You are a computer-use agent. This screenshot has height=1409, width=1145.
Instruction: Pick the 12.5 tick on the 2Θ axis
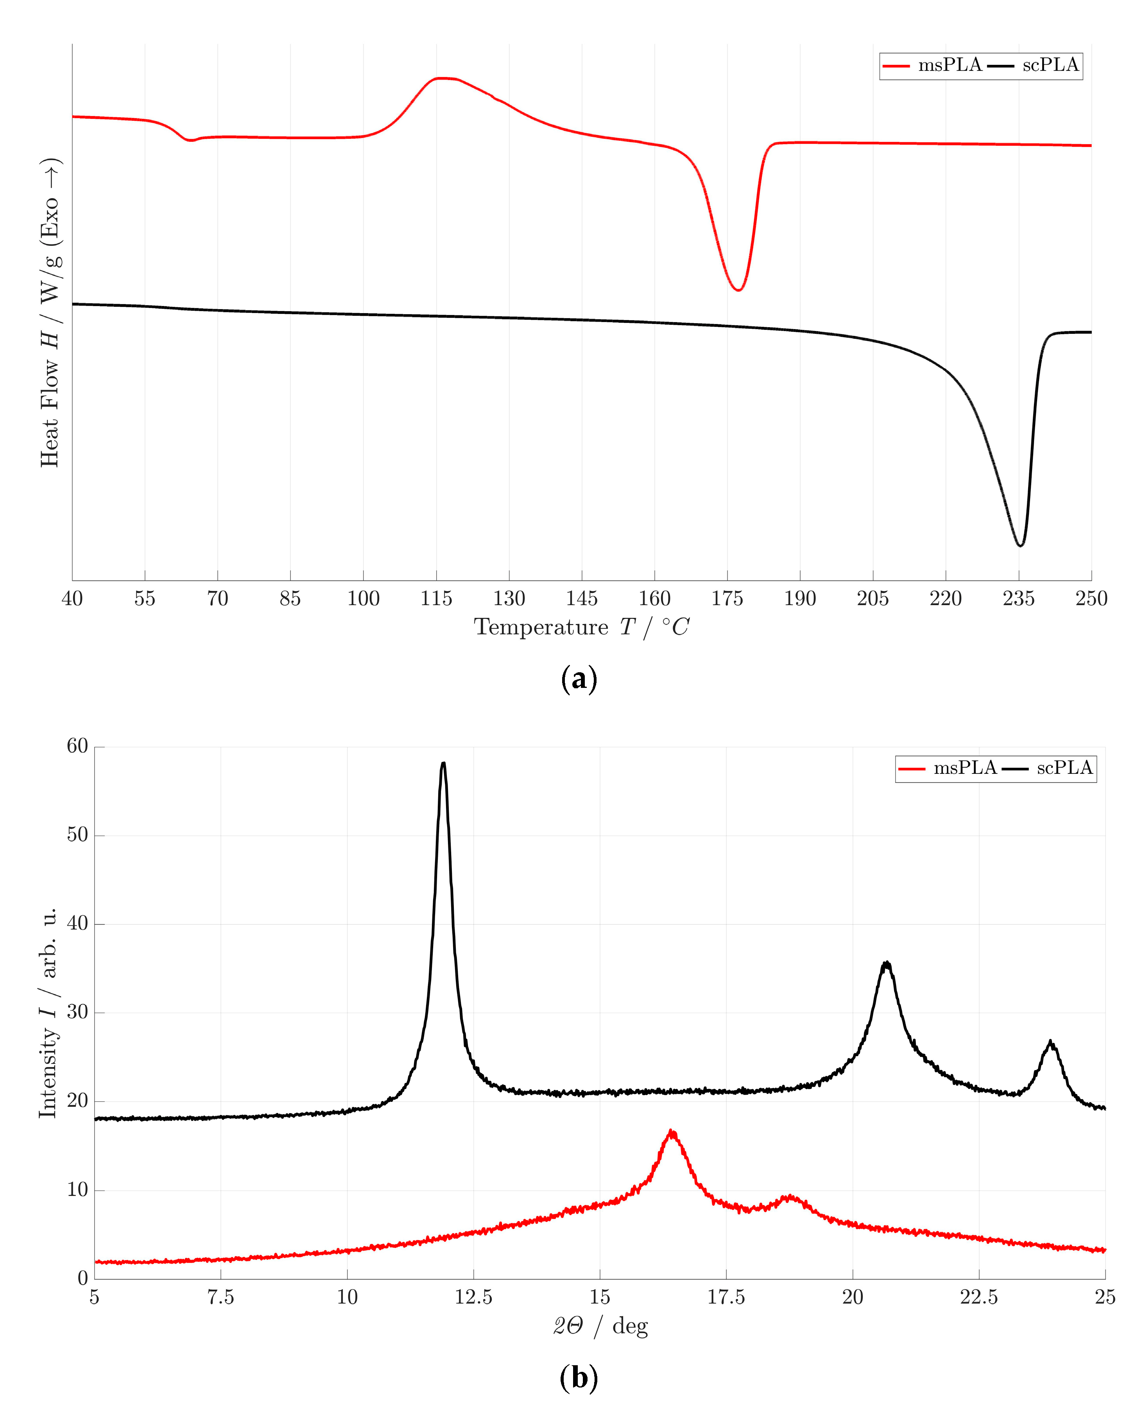point(473,1298)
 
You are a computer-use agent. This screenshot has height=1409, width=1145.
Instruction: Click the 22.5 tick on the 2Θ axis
point(979,1298)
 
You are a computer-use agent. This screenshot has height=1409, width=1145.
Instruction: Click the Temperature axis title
point(581,627)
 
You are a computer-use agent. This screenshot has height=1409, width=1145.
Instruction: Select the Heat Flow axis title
point(50,313)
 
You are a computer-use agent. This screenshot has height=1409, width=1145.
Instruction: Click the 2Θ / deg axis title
point(600,1326)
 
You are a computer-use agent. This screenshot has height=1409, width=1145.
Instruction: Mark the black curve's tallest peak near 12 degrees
point(443,763)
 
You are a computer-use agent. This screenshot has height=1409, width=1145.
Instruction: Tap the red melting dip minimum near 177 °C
point(739,290)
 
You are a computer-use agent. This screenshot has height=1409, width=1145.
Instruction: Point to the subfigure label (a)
point(579,679)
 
